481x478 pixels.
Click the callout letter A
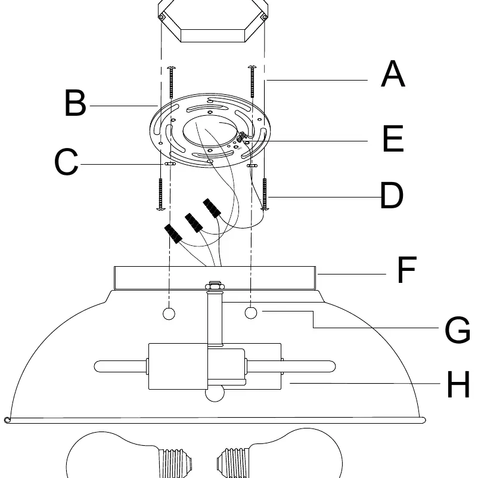coord(393,74)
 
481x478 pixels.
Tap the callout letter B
coord(75,103)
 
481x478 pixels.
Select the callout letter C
coord(66,162)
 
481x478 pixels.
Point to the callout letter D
coord(392,195)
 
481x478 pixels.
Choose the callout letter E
coord(393,138)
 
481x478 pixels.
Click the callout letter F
coord(406,270)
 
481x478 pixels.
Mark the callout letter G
coord(457,329)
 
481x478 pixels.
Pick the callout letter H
coord(458,384)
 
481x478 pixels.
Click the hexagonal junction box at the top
coord(213,20)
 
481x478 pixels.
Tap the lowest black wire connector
coord(173,234)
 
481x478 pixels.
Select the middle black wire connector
coord(194,223)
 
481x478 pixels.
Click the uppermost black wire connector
coord(212,208)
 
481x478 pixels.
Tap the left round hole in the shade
coord(169,314)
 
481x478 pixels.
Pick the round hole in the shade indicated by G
coord(251,313)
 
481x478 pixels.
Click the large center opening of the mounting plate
coord(210,131)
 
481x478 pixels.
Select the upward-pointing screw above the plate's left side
coord(171,82)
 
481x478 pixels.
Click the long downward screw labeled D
coord(265,194)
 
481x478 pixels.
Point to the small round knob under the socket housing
coord(215,394)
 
